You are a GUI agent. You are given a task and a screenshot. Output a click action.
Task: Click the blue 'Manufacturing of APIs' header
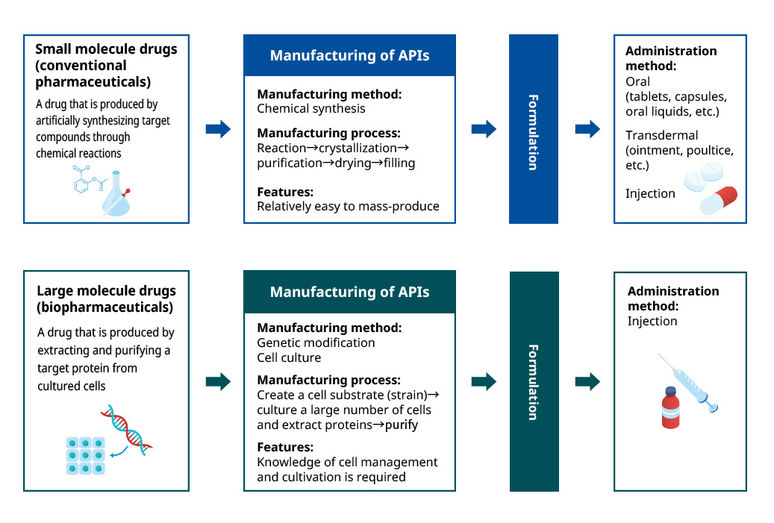pyautogui.click(x=349, y=55)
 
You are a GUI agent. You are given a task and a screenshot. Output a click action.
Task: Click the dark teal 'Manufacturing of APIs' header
pyautogui.click(x=349, y=292)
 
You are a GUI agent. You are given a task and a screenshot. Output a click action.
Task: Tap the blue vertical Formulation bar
pyautogui.click(x=533, y=129)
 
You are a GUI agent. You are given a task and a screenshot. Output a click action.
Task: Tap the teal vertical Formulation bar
pyautogui.click(x=534, y=381)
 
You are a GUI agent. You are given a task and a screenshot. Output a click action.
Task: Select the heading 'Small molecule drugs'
pyautogui.click(x=106, y=50)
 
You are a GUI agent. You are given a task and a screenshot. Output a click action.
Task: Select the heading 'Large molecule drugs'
pyautogui.click(x=106, y=291)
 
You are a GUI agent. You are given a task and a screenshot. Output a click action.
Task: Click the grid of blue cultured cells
pyautogui.click(x=84, y=455)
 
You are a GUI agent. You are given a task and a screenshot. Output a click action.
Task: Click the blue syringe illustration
pyautogui.click(x=690, y=385)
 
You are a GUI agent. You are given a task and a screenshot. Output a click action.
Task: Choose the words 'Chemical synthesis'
pyautogui.click(x=311, y=108)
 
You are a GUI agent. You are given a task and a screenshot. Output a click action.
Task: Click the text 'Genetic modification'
pyautogui.click(x=316, y=342)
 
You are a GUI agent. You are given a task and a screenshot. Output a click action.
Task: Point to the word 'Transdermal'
pyautogui.click(x=662, y=136)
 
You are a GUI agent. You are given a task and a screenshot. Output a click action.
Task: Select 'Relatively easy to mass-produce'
pyautogui.click(x=348, y=206)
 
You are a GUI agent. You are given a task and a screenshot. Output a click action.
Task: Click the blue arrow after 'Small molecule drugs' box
pyautogui.click(x=218, y=129)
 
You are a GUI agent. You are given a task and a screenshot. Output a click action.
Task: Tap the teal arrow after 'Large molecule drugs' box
pyautogui.click(x=218, y=382)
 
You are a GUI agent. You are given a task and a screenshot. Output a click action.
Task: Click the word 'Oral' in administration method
pyautogui.click(x=637, y=81)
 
